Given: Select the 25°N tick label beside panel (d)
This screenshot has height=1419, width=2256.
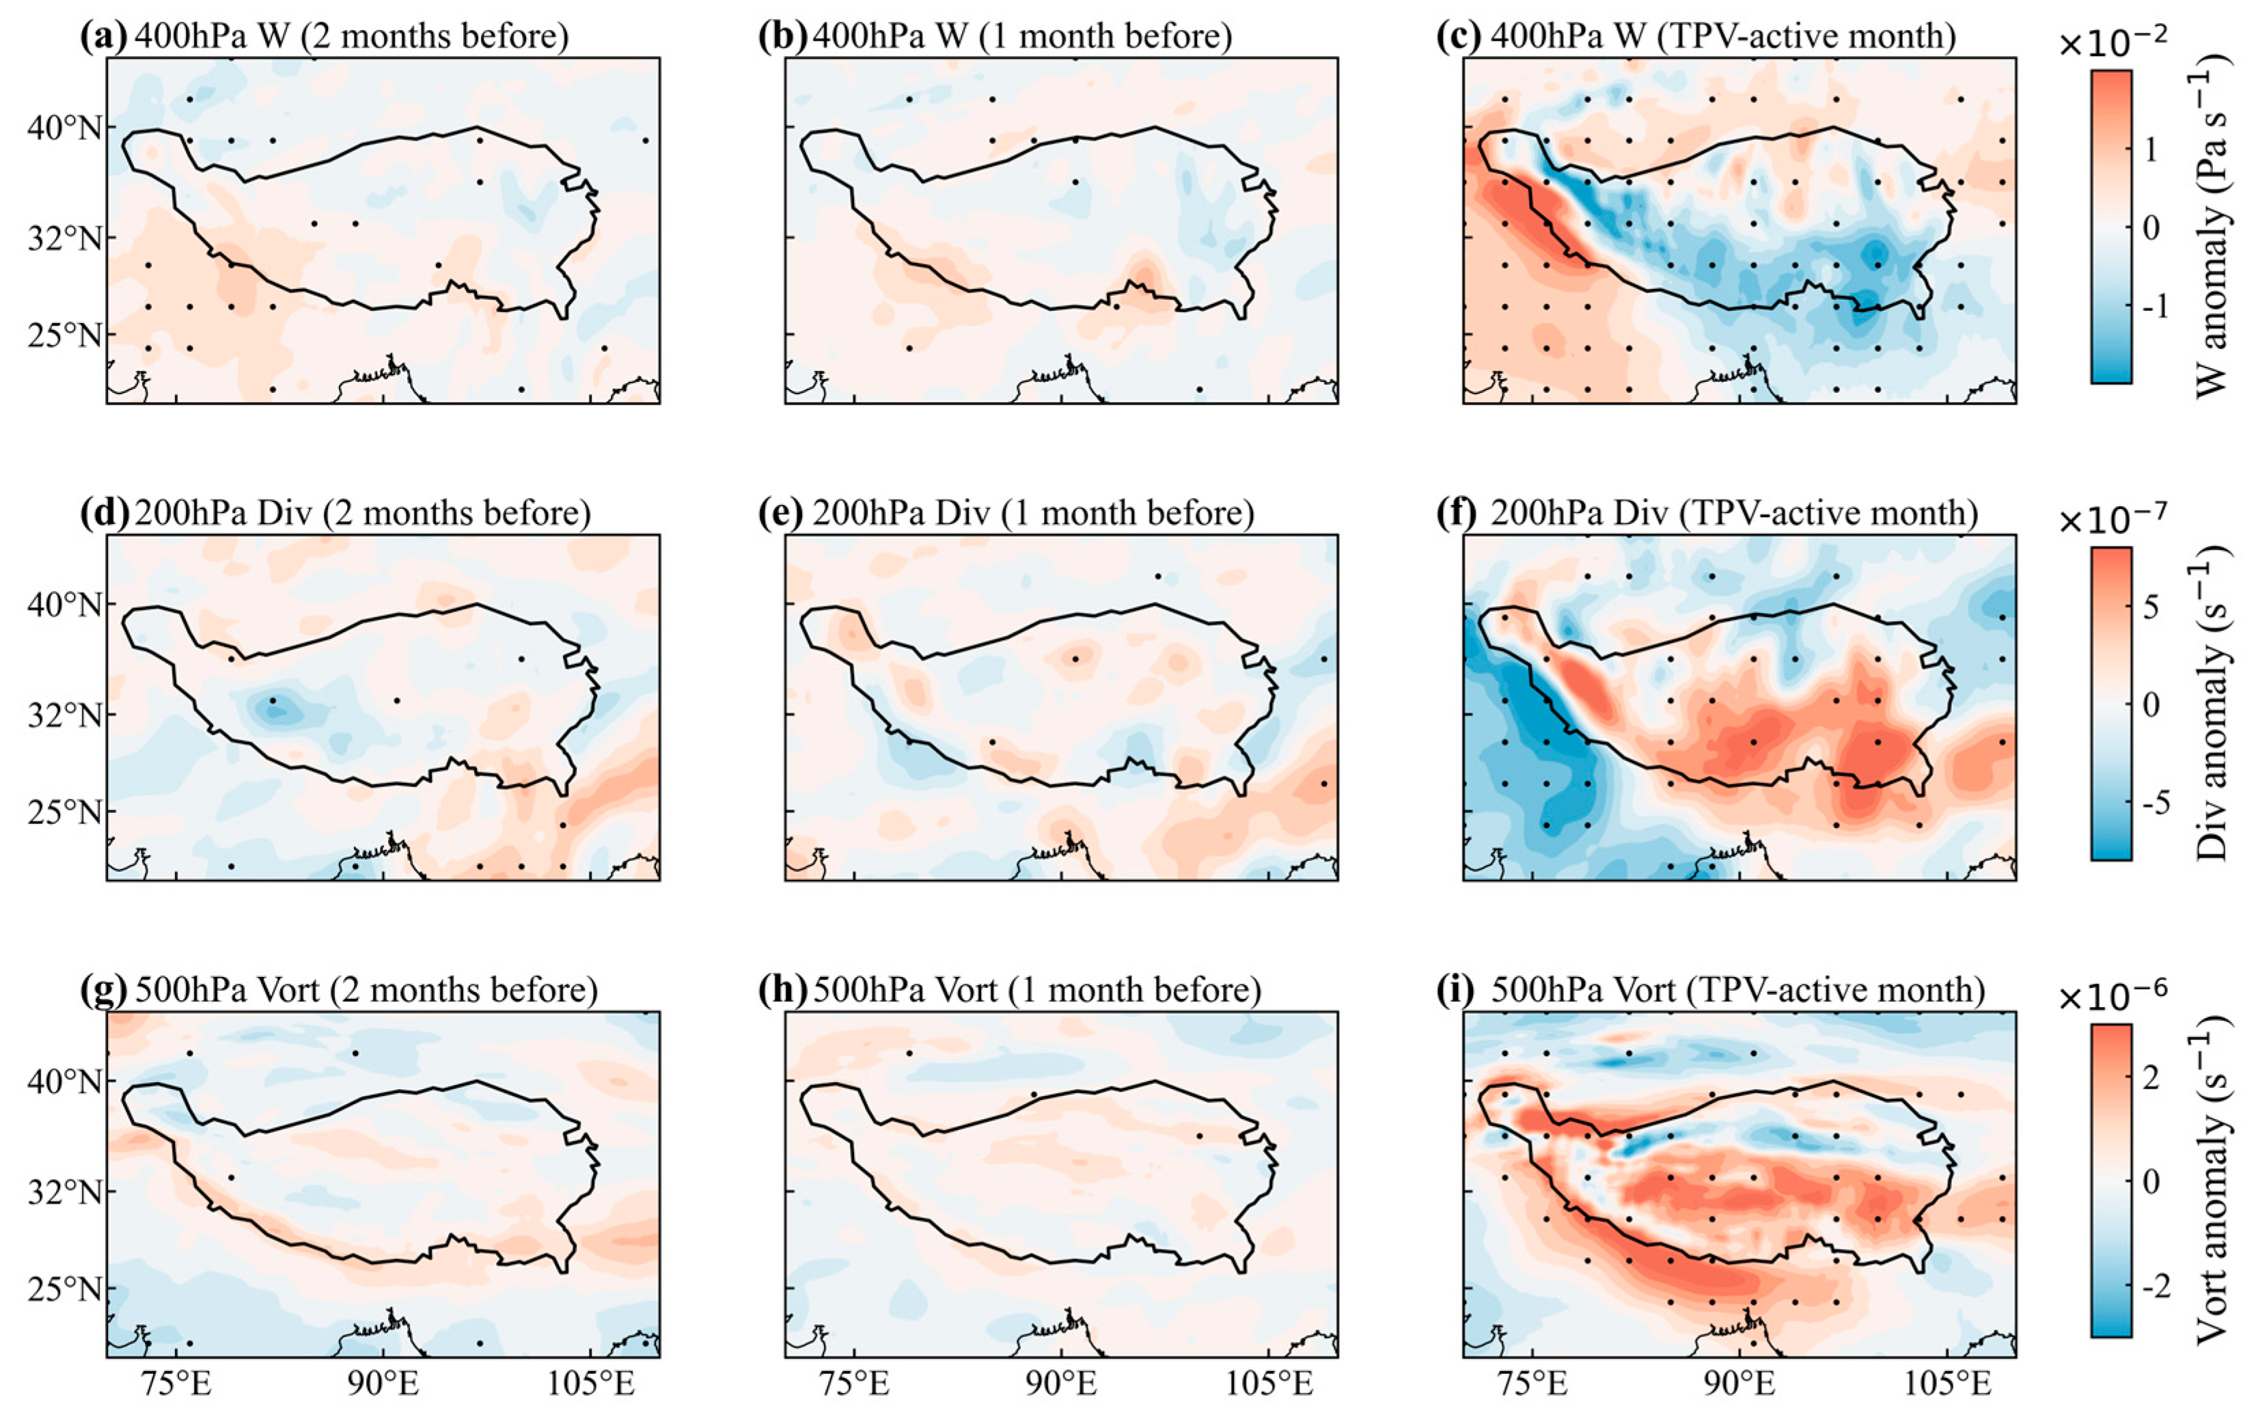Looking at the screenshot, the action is coord(64,812).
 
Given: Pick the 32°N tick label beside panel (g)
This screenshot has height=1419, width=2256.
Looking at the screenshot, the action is coord(64,1192).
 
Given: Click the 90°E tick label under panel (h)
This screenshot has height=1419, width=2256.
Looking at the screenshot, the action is coord(1062,1383).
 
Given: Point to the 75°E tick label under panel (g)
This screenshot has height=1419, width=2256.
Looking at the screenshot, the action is coord(175,1383).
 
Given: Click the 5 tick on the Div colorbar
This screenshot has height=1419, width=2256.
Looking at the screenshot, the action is coord(2151,607).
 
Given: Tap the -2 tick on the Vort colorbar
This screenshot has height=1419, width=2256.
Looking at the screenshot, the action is coord(2156,1286).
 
